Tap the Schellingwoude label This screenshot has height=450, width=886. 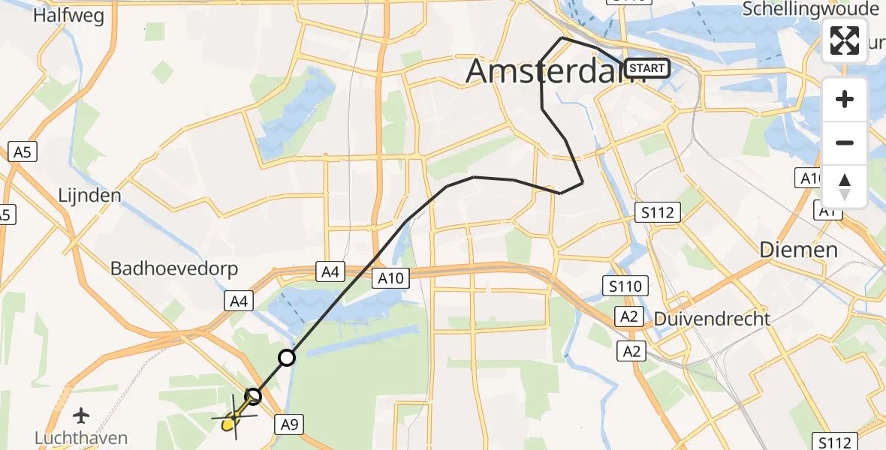pyautogui.click(x=809, y=9)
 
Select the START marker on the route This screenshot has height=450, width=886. pyautogui.click(x=646, y=69)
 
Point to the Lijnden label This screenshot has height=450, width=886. pyautogui.click(x=89, y=196)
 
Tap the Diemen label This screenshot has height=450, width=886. pyautogui.click(x=798, y=250)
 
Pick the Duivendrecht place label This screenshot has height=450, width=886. pyautogui.click(x=712, y=318)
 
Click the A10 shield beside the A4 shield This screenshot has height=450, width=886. pyautogui.click(x=390, y=279)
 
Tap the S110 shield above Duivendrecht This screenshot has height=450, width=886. pyautogui.click(x=624, y=285)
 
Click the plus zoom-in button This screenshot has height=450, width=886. pyautogui.click(x=845, y=99)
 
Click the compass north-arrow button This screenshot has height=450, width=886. pyautogui.click(x=845, y=186)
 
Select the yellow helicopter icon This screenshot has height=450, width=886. pyautogui.click(x=234, y=420)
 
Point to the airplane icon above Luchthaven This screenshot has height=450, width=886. pyautogui.click(x=82, y=415)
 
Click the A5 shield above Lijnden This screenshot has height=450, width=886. pyautogui.click(x=21, y=152)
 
